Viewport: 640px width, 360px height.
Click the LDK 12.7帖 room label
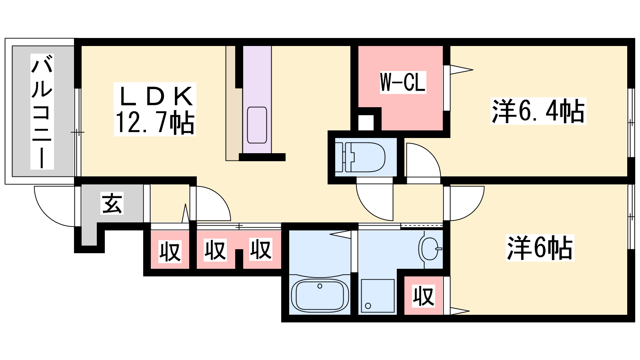154,110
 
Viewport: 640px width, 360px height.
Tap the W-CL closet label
403,82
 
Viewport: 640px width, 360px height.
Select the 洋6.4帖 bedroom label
538,111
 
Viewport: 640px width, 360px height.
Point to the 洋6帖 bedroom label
540,248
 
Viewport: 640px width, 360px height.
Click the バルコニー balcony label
42,112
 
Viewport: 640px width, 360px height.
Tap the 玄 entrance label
112,203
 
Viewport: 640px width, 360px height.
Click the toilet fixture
360,157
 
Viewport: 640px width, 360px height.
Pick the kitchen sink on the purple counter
257,125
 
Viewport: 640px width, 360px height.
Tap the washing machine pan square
378,296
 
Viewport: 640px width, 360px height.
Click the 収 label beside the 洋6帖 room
424,296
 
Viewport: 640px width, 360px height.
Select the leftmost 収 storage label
170,252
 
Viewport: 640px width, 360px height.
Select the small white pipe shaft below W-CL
366,122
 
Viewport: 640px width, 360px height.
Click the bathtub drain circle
320,286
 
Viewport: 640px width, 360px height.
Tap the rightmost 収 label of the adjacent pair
260,250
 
